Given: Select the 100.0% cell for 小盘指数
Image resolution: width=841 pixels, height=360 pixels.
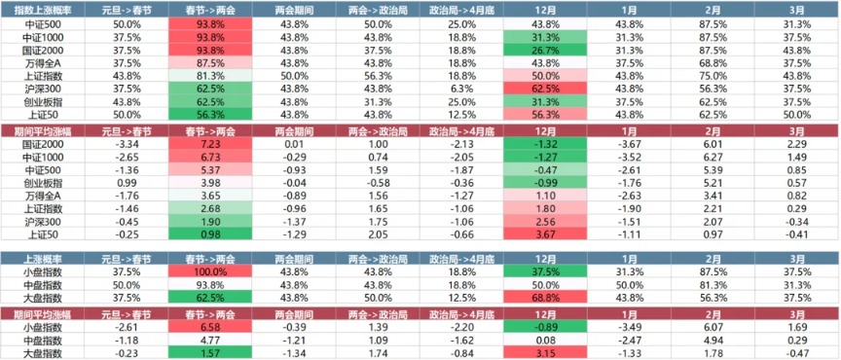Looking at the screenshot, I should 209,271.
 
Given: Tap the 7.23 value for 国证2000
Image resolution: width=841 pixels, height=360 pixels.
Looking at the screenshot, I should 209,143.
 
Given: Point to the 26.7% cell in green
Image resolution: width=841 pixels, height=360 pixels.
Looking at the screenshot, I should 545,49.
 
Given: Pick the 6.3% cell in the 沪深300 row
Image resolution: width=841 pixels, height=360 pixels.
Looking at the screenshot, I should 461,88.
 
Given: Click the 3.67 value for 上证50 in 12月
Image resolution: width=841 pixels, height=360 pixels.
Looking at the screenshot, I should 545,234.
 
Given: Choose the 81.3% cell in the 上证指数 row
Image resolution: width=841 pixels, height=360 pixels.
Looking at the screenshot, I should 209,75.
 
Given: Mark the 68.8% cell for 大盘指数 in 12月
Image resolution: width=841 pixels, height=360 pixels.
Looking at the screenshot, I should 545,298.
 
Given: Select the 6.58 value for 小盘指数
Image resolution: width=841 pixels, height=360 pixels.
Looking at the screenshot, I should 209,328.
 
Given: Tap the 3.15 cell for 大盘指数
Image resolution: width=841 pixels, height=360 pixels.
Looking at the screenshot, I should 545,354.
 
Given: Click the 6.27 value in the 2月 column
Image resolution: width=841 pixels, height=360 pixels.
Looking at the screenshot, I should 713,156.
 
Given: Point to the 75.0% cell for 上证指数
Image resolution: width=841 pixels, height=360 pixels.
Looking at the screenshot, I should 713,75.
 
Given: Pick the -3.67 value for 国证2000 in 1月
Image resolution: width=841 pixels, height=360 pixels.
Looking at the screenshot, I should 629,143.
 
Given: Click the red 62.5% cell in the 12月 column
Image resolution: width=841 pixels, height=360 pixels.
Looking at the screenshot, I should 545,88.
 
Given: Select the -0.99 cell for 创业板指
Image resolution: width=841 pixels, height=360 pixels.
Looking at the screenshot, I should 545,182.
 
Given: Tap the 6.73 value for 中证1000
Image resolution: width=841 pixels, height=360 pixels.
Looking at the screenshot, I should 209,156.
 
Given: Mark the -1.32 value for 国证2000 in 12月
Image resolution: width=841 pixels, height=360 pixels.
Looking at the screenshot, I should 545,143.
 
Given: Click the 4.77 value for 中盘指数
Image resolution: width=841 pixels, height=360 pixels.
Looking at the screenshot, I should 209,342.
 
